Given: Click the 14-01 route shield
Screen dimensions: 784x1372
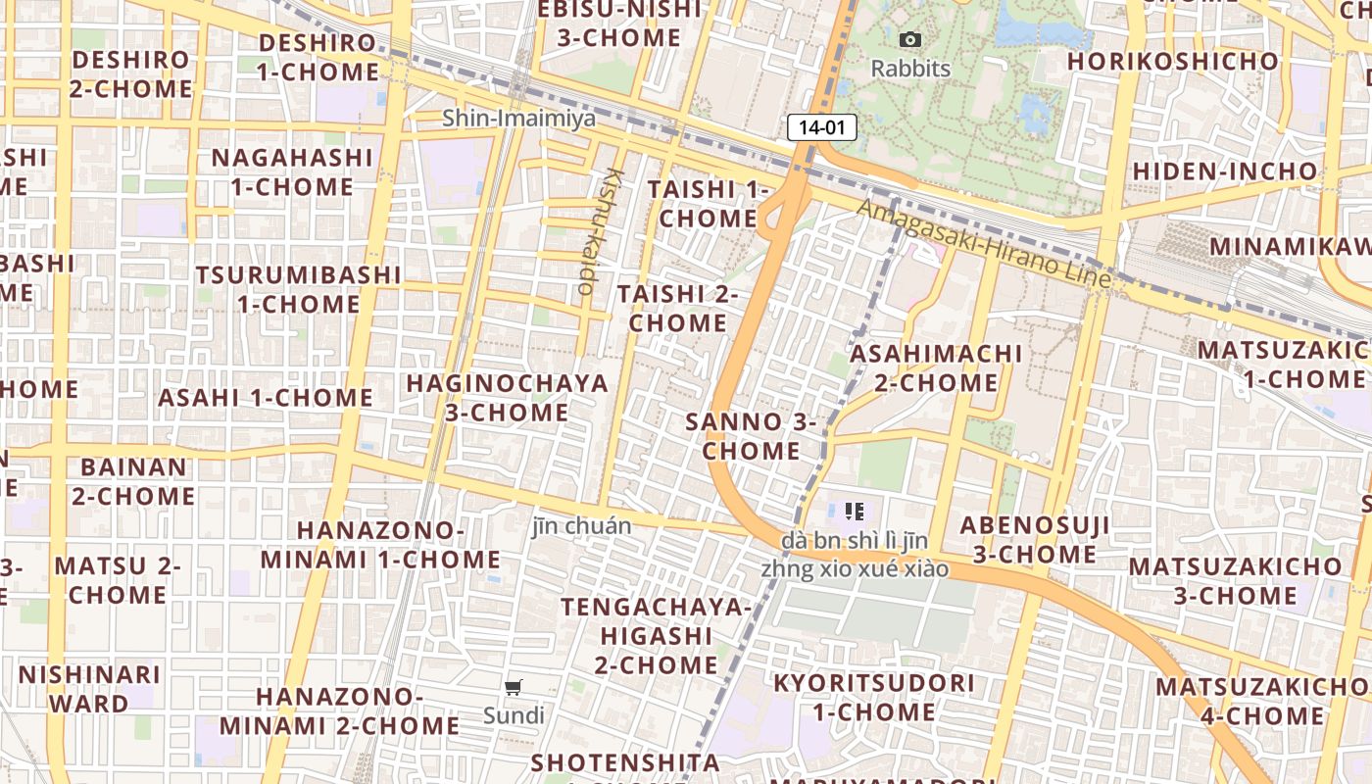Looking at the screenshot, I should [x=821, y=127].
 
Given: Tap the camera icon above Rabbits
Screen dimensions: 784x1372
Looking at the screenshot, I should [x=910, y=40].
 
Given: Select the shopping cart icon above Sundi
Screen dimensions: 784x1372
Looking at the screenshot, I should [x=514, y=687].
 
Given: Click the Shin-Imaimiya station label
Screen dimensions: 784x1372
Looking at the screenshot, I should [x=518, y=119].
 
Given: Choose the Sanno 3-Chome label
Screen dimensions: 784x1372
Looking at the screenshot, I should [x=751, y=436].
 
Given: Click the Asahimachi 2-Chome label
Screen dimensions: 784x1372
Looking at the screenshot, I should [x=936, y=367].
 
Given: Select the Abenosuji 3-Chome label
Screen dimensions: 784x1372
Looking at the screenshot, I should [x=1034, y=539].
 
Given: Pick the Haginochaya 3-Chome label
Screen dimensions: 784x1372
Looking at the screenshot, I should [x=507, y=397].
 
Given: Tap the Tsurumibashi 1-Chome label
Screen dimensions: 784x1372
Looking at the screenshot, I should [x=298, y=289].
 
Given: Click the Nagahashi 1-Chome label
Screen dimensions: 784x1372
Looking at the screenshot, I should [x=292, y=171].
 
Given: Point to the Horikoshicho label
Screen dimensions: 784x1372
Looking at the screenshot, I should [x=1173, y=61].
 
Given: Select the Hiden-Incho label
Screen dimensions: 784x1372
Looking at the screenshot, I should [x=1225, y=171].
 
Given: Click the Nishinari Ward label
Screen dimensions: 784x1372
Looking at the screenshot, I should [x=89, y=689].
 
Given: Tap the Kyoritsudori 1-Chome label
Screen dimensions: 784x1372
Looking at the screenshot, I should [x=874, y=697].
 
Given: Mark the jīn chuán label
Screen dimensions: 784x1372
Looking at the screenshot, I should [x=581, y=526].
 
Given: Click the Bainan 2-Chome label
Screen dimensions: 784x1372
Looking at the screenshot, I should [x=133, y=481].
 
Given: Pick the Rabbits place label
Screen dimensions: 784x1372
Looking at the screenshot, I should [x=910, y=69].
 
